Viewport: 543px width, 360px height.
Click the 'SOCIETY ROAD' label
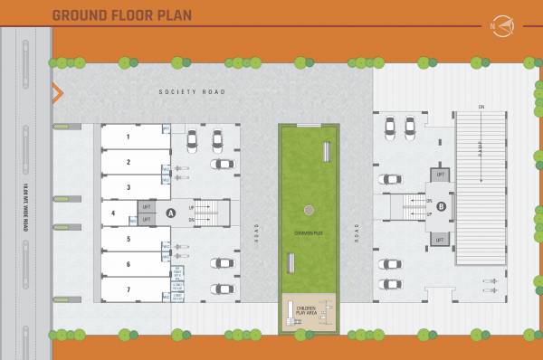click(191, 92)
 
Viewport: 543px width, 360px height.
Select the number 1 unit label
click(129, 137)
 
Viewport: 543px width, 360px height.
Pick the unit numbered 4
click(113, 213)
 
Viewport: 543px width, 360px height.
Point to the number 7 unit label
click(129, 289)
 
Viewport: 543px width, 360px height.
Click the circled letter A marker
click(170, 213)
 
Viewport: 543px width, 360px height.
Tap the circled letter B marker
click(442, 206)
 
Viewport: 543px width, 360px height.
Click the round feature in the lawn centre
click(309, 209)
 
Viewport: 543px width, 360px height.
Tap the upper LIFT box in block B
click(441, 174)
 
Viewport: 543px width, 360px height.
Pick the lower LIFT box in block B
click(441, 240)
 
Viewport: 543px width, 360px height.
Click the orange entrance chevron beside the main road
click(56, 92)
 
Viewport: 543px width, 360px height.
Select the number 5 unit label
click(129, 239)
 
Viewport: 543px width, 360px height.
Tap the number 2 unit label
click(129, 163)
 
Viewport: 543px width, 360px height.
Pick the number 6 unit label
click(129, 264)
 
